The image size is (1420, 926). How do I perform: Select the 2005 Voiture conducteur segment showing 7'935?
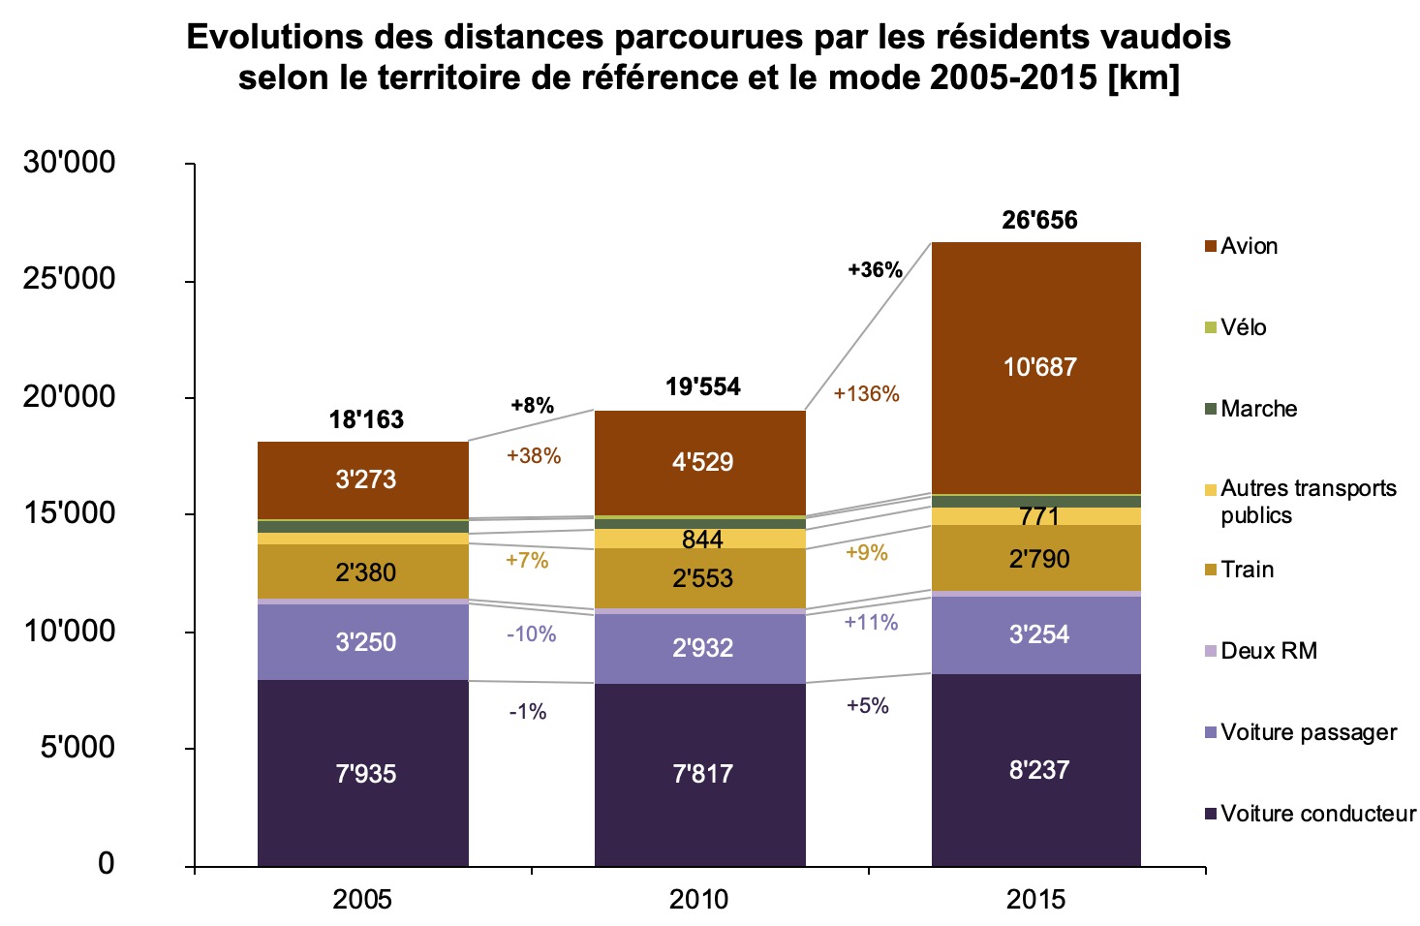[x=364, y=774]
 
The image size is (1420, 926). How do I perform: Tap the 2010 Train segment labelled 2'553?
[x=701, y=578]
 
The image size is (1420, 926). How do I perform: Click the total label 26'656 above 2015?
[x=1039, y=221]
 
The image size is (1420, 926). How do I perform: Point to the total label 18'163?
[x=366, y=419]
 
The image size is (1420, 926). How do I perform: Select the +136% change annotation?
[x=866, y=394]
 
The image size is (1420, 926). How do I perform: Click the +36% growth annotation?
[x=875, y=270]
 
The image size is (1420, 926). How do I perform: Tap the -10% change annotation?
[x=531, y=634]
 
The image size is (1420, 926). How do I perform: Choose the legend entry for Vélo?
[x=1243, y=327]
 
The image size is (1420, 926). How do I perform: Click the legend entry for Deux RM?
[x=1268, y=651]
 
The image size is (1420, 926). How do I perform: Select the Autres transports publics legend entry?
[x=1307, y=501]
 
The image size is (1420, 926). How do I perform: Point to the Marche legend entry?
[x=1257, y=409]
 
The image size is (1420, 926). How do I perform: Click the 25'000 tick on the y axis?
[x=69, y=279]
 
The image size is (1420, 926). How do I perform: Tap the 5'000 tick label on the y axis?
[x=77, y=748]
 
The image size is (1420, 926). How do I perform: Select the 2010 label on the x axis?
[x=699, y=900]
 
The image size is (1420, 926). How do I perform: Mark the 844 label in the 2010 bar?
[x=701, y=540]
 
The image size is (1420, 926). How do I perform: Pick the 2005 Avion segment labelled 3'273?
[x=364, y=479]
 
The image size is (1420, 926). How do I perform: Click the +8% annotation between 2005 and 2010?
[x=532, y=406]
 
